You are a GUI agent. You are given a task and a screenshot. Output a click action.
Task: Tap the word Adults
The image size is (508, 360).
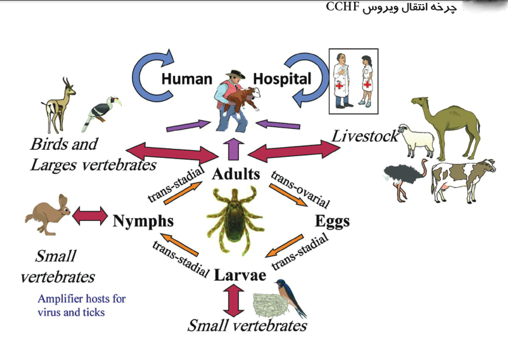[236, 174]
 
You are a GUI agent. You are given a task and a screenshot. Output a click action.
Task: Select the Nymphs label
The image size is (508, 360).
[143, 221]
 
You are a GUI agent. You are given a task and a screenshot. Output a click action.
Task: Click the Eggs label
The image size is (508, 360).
[333, 222]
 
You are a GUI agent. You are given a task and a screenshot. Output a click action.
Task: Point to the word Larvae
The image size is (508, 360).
[240, 275]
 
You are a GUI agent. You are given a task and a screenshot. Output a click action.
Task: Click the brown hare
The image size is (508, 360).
[48, 215]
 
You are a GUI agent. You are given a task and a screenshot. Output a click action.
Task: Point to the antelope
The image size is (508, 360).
[59, 105]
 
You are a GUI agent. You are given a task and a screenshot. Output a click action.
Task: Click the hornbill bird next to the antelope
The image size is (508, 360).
[101, 113]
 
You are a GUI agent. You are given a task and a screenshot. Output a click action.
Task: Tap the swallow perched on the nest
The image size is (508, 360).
[290, 297]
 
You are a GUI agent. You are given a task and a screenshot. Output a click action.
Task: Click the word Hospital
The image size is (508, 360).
[282, 79]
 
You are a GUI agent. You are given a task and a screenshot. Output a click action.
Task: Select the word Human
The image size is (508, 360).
[187, 79]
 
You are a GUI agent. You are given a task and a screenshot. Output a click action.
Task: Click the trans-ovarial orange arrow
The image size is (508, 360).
[288, 195]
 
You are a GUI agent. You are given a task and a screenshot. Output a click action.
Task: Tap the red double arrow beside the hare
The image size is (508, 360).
[90, 215]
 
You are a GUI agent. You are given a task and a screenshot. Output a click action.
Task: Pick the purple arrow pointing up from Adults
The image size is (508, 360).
[233, 150]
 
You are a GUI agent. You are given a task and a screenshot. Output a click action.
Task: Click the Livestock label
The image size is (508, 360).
[365, 137]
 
